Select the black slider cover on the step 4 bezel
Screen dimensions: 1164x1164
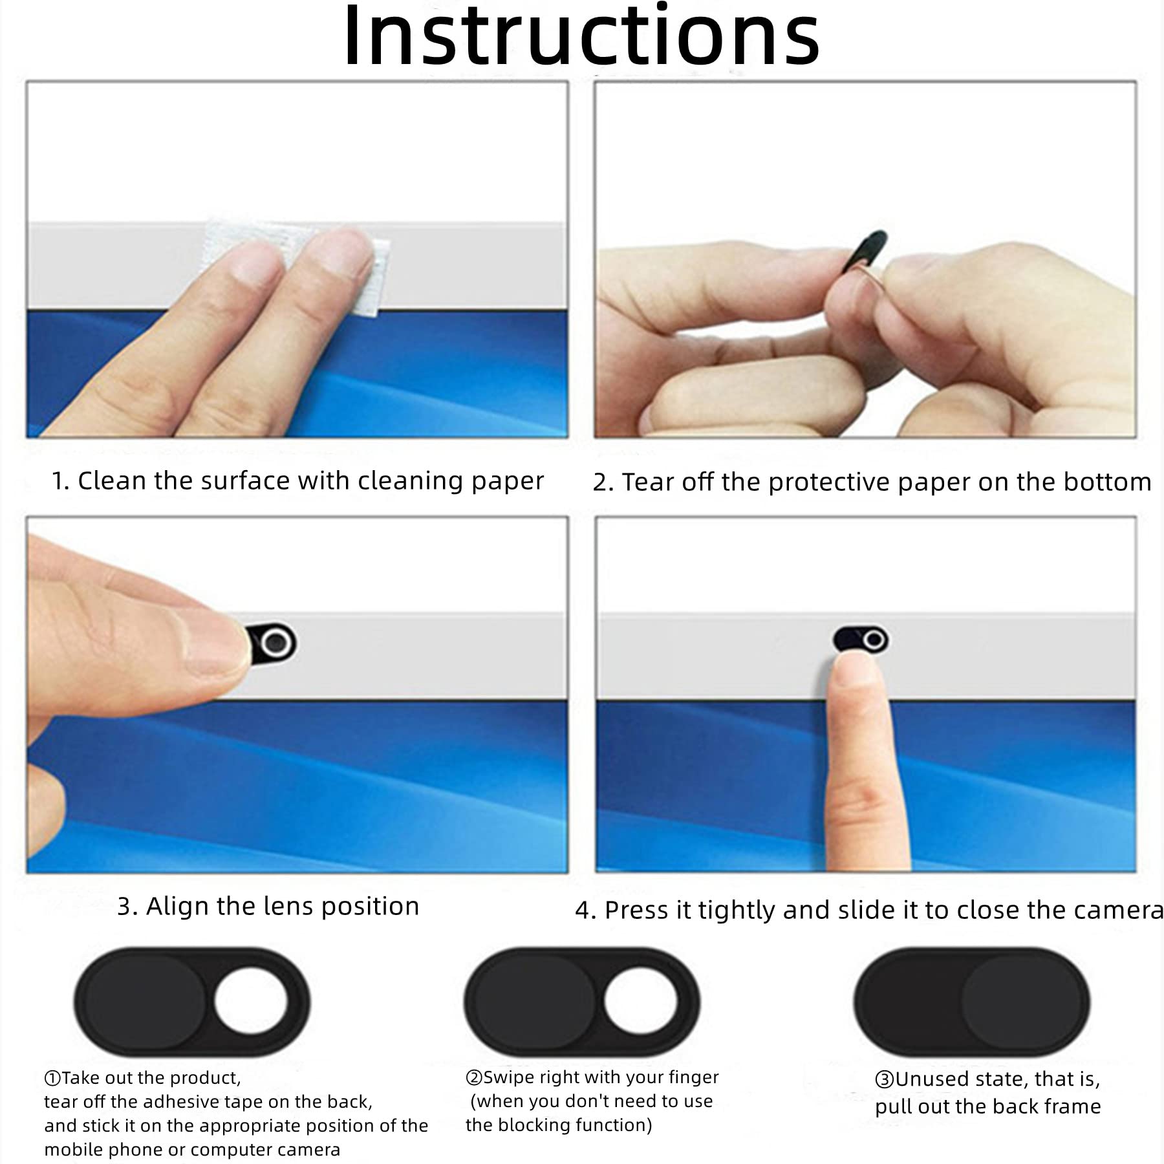[x=860, y=640]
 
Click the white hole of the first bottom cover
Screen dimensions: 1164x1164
[x=250, y=1002]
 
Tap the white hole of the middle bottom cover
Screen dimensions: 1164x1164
[x=641, y=1002]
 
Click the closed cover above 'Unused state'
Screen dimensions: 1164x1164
[x=972, y=1002]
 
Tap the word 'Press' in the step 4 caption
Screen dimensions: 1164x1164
[x=638, y=911]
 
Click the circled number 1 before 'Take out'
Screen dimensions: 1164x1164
[x=52, y=1078]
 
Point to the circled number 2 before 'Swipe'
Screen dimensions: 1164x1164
[x=474, y=1077]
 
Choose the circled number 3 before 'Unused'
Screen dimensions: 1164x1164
[x=885, y=1079]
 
